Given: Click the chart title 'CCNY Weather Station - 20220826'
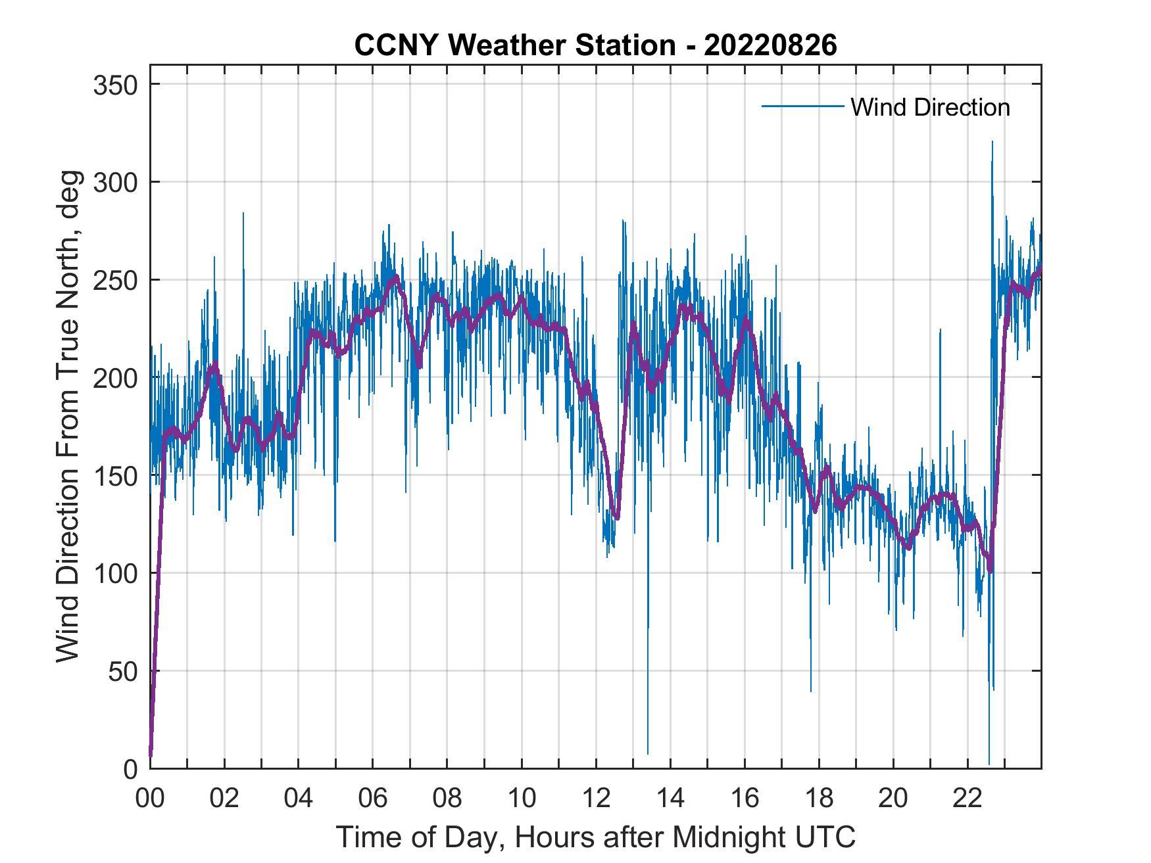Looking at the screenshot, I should point(595,45).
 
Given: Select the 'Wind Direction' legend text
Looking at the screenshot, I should point(930,107).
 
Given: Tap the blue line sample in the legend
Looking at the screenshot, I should point(802,106).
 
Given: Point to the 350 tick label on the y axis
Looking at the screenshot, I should point(116,85).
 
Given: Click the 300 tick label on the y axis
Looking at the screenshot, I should point(116,182).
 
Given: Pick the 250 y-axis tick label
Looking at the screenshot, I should point(116,280).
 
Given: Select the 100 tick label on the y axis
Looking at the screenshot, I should point(116,573).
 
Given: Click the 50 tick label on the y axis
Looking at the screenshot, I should point(123,671).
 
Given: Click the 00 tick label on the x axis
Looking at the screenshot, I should point(150,799).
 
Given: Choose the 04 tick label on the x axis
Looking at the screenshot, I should point(299,799).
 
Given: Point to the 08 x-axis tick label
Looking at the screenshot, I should point(447,799).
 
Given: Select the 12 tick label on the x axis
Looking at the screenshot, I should point(596,799).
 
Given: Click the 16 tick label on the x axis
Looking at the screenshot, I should point(745,799).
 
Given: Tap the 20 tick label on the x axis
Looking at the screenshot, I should point(893,799).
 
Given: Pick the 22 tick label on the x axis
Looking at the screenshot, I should point(967,799).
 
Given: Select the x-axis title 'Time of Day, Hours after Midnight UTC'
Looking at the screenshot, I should point(596,837).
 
